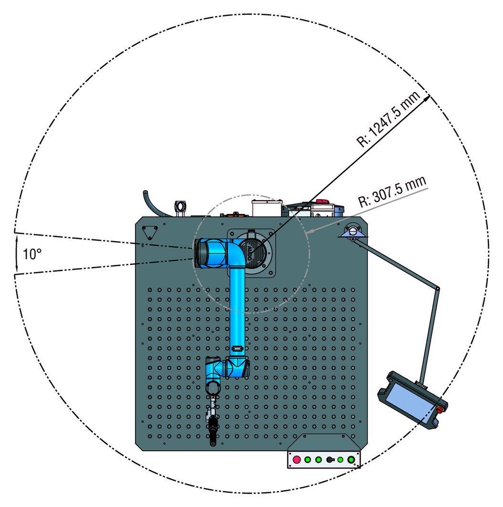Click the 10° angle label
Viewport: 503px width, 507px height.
[x=32, y=254]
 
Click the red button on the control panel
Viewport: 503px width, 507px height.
[x=296, y=459]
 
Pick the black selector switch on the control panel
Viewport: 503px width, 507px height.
[x=330, y=460]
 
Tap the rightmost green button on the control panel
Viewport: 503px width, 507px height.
[x=351, y=459]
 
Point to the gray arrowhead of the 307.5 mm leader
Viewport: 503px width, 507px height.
[x=309, y=231]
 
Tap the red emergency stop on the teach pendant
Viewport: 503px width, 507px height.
[x=440, y=409]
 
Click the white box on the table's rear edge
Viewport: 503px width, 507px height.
[x=267, y=208]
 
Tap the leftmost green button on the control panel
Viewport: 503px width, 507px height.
[x=308, y=460]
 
